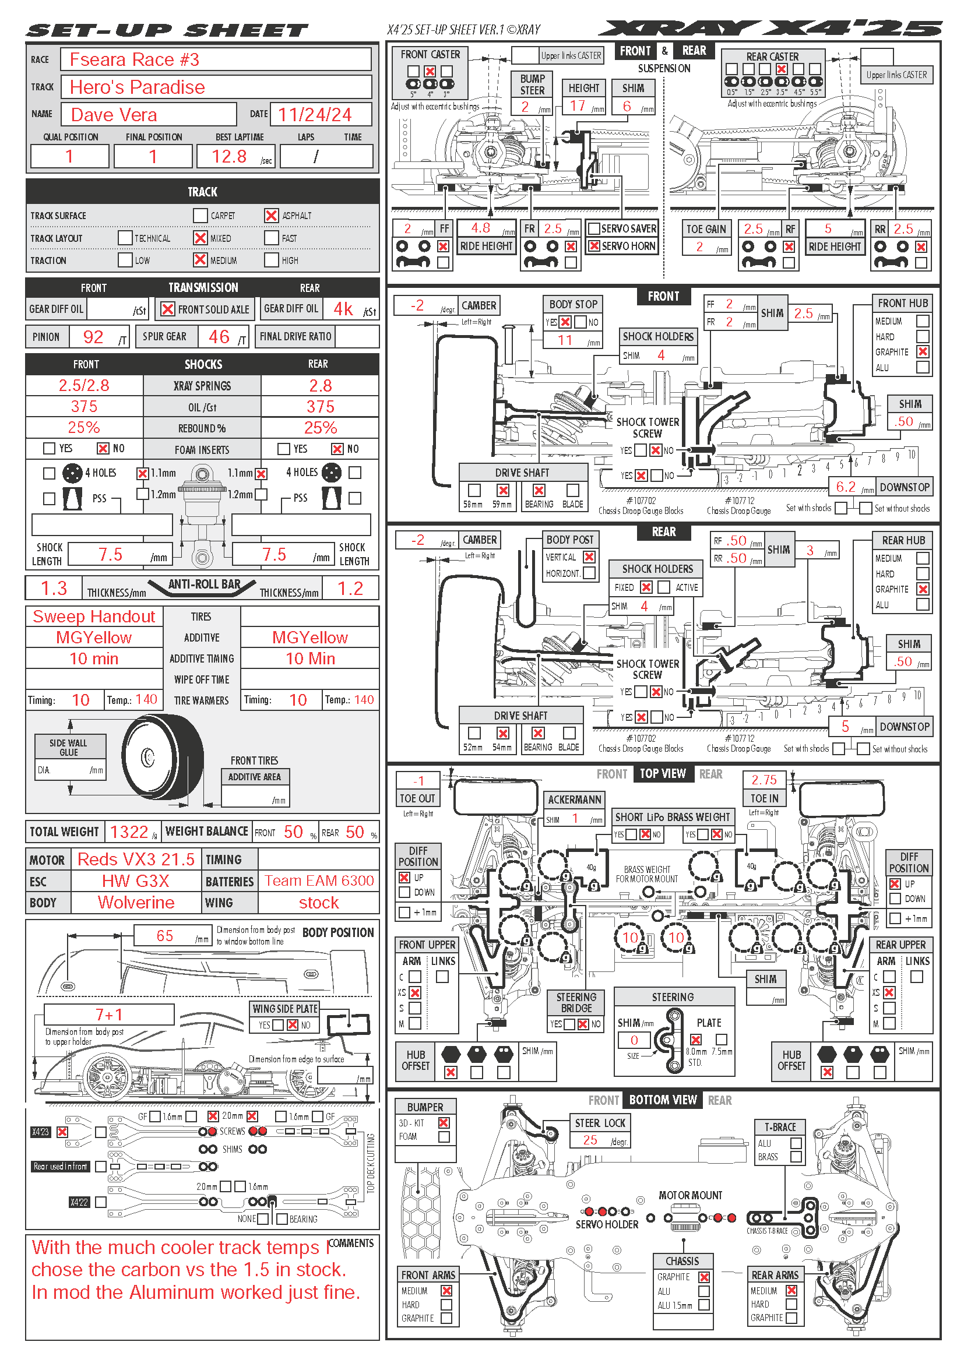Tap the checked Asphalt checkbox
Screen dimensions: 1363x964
coord(271,216)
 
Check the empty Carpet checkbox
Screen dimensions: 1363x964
coord(200,216)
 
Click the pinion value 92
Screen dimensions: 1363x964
coord(93,337)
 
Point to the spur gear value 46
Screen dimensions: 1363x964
coord(219,337)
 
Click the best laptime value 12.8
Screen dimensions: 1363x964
coord(230,157)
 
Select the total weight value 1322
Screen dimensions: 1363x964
coord(129,832)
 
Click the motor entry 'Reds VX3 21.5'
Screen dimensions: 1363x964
coord(136,859)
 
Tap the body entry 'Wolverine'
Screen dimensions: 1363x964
coord(136,902)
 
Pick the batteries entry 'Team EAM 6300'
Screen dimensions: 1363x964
coord(319,881)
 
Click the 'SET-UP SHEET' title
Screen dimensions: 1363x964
coord(167,30)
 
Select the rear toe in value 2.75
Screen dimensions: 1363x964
coord(764,780)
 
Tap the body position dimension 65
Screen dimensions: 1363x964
coord(165,936)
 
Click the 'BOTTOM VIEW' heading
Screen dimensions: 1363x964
coord(663,1100)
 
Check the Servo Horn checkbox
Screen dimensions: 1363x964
coord(593,246)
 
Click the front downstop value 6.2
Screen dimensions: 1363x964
coord(845,487)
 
